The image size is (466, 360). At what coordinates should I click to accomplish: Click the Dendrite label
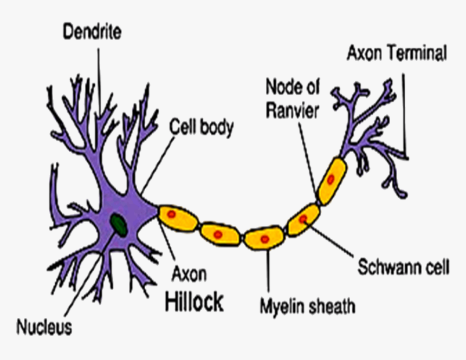point(92,31)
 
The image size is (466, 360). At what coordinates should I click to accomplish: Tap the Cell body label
point(202,128)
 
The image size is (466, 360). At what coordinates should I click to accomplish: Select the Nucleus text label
point(44,327)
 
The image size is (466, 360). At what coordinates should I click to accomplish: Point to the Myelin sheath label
point(307,307)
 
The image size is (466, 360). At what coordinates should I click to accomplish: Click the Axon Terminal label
point(397,54)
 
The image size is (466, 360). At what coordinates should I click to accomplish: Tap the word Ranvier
point(292,110)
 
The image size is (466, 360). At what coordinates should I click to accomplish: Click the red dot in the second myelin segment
point(218,234)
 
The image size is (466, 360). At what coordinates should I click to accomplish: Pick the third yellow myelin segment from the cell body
point(264,238)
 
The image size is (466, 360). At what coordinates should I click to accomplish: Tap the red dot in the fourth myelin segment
point(302,219)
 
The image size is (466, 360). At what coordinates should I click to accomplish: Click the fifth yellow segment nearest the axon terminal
point(331,181)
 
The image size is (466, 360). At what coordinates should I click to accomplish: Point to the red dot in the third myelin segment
point(264,239)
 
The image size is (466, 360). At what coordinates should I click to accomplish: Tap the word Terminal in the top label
point(419,54)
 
